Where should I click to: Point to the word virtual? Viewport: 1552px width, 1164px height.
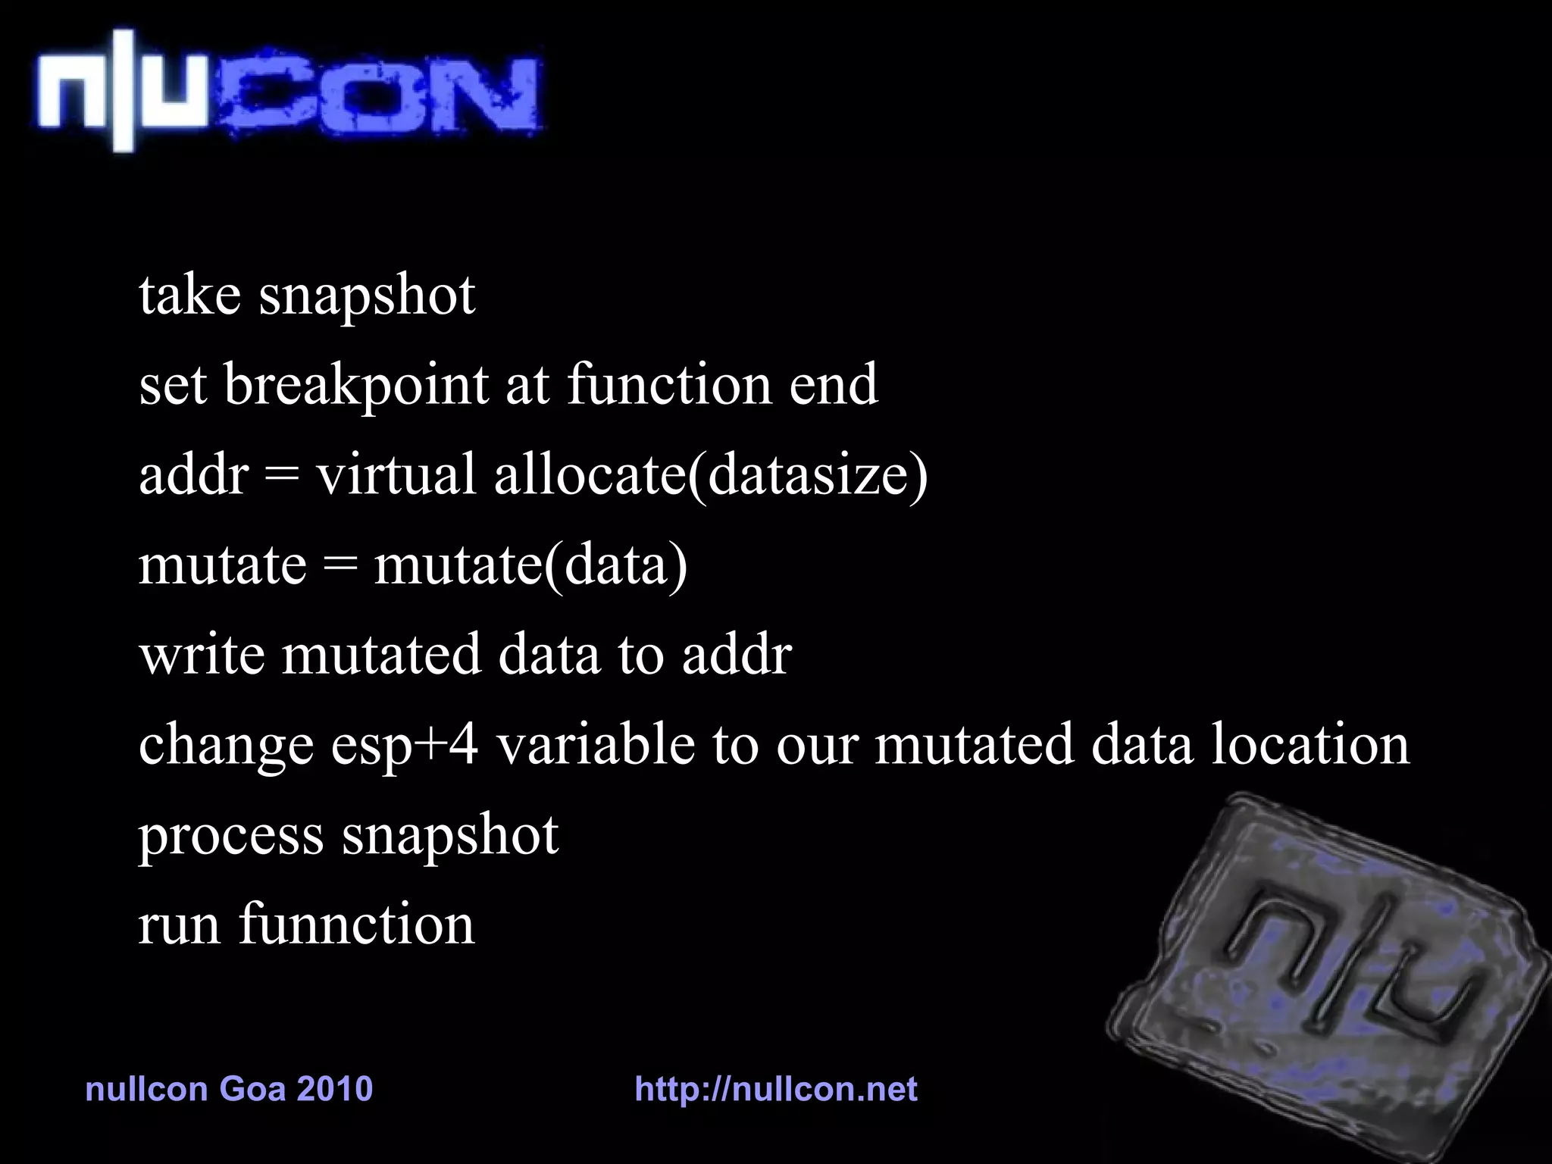(396, 474)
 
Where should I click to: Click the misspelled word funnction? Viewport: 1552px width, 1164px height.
(356, 925)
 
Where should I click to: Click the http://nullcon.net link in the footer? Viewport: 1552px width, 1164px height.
(775, 1089)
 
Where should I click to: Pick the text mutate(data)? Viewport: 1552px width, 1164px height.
(530, 565)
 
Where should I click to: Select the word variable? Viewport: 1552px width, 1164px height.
(595, 744)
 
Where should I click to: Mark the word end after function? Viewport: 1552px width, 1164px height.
(833, 385)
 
